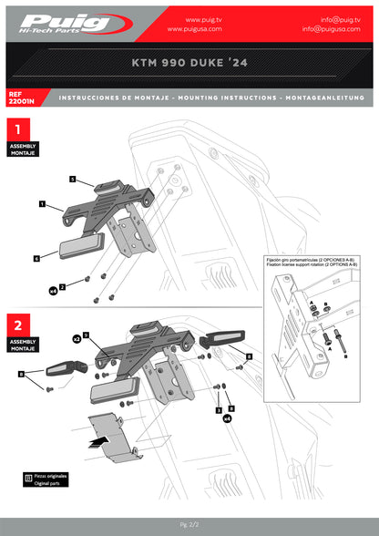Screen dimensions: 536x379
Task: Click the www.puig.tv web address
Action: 206,18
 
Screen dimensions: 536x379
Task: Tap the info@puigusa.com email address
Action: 338,28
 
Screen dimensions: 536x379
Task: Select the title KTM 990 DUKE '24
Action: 189,66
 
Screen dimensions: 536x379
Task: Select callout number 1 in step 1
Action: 42,206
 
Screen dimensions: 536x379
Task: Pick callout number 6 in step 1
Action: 36,259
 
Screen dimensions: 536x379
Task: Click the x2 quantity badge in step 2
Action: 77,337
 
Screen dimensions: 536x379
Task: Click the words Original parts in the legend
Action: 52,482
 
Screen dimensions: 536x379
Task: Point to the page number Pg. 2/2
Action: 189,524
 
